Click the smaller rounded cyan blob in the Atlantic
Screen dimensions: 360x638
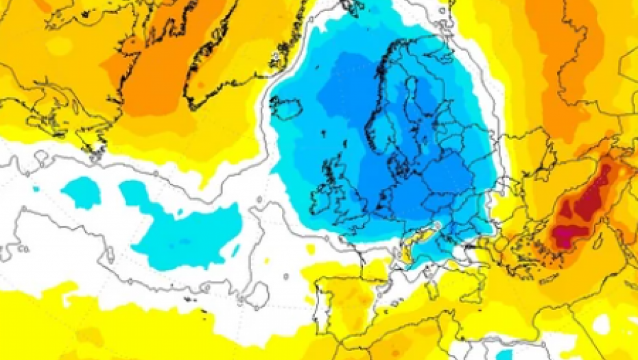pyautogui.click(x=82, y=191)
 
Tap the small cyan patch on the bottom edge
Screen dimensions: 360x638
pyautogui.click(x=499, y=354)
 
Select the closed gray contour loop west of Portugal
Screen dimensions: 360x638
pyautogui.click(x=257, y=295)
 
